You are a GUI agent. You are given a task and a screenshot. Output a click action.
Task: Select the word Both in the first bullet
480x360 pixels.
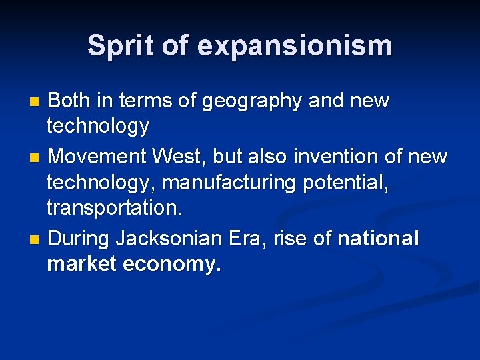coord(71,101)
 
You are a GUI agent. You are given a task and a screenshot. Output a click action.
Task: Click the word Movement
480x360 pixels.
coord(97,157)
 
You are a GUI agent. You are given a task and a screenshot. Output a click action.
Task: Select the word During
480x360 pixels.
coord(79,238)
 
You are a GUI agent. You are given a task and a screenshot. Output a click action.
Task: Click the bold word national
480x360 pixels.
coord(379,238)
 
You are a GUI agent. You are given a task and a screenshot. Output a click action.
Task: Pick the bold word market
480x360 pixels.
coord(82,264)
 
